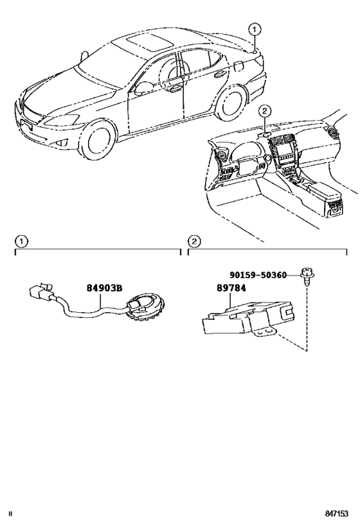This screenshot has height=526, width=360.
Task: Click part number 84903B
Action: click(x=105, y=288)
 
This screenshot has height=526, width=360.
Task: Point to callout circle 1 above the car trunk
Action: click(x=255, y=29)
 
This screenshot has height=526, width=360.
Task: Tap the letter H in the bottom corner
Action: click(x=11, y=516)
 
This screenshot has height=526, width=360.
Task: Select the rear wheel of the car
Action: click(x=230, y=106)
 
